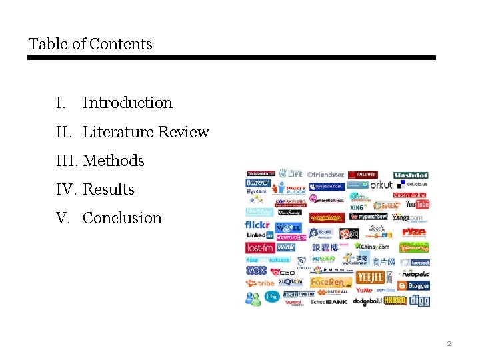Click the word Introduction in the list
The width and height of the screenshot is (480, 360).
127,103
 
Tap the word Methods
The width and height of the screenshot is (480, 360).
113,161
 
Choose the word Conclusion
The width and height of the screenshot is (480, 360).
122,218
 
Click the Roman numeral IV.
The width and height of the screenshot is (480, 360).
66,189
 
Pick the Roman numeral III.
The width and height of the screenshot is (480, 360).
67,161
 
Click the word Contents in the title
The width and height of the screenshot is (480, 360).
121,44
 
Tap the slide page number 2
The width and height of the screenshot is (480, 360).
449,344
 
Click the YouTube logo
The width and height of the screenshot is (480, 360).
417,205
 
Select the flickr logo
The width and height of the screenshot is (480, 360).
258,225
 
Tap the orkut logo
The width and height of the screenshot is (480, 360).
381,185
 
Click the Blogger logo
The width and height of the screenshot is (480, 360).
414,285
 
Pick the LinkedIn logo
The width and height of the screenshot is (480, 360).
259,235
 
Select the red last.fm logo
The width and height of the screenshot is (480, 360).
260,247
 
